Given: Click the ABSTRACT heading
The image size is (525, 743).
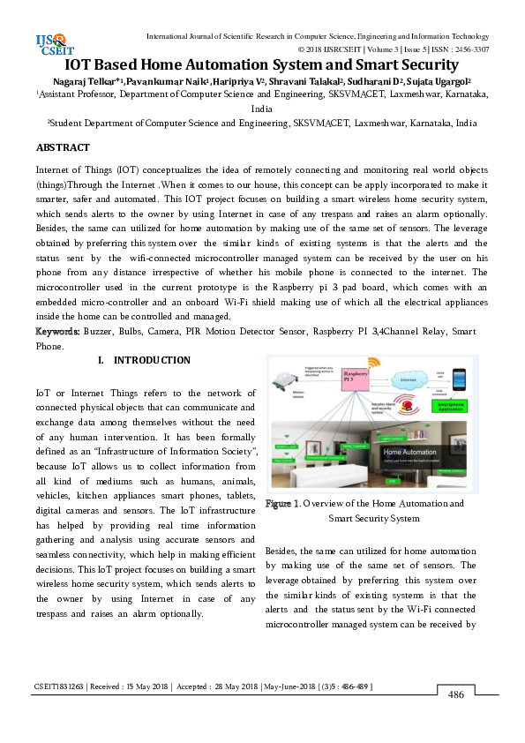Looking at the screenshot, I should pyautogui.click(x=63, y=146).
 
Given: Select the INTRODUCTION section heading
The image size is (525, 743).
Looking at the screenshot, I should pyautogui.click(x=152, y=360).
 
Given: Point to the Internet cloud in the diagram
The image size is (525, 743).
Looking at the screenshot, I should pyautogui.click(x=409, y=380).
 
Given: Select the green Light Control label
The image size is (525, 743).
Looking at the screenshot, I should pyautogui.click(x=393, y=437).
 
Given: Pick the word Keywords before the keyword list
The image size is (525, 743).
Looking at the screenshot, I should pyautogui.click(x=57, y=331).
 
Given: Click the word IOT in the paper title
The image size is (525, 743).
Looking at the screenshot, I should pyautogui.click(x=81, y=65).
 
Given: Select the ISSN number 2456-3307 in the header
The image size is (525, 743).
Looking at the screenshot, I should pyautogui.click(x=469, y=49).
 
